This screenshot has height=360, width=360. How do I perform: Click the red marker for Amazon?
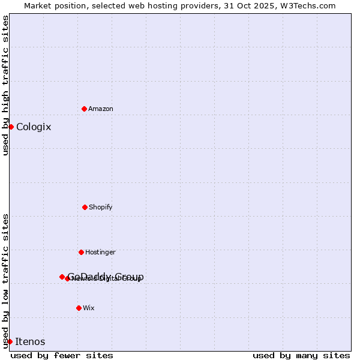[x=84, y=109]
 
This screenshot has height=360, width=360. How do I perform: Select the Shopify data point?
[x=85, y=207]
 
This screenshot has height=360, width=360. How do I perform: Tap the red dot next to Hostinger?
[x=81, y=252]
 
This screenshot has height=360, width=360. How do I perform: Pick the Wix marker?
[x=79, y=308]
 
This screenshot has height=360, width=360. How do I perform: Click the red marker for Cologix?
[x=11, y=127]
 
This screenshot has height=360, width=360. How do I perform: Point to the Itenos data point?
[x=10, y=341]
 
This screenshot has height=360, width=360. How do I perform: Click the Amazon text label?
[x=101, y=109]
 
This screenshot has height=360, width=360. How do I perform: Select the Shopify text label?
[x=101, y=207]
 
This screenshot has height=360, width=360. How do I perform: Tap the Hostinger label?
[x=100, y=252]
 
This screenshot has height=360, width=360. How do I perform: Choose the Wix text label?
[x=89, y=308]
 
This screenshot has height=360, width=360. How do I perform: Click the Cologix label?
[x=34, y=127]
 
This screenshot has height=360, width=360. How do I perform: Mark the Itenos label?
[x=30, y=341]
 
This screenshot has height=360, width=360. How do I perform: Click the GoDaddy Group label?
[x=106, y=276]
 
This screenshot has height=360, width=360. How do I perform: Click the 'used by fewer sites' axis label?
[x=62, y=355]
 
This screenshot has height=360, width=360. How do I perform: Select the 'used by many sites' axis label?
[x=301, y=355]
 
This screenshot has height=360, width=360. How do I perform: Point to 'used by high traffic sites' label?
[x=5, y=86]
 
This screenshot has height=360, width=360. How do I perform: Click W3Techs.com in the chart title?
[x=310, y=5]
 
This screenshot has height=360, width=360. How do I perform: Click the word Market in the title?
[x=38, y=5]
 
